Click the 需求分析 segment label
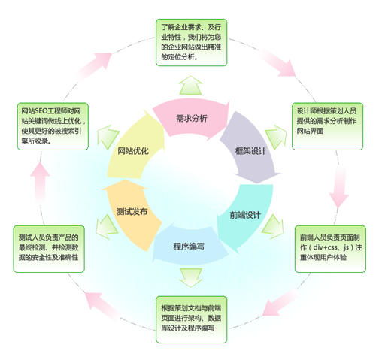click(x=191, y=118)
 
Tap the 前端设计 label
click(x=244, y=215)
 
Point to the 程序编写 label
click(x=188, y=246)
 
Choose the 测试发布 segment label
click(x=132, y=211)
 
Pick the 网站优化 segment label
click(x=133, y=150)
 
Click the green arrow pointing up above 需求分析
click(x=190, y=83)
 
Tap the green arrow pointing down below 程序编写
click(x=189, y=278)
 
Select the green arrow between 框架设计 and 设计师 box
click(x=275, y=137)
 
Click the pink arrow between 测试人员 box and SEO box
click(x=42, y=180)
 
